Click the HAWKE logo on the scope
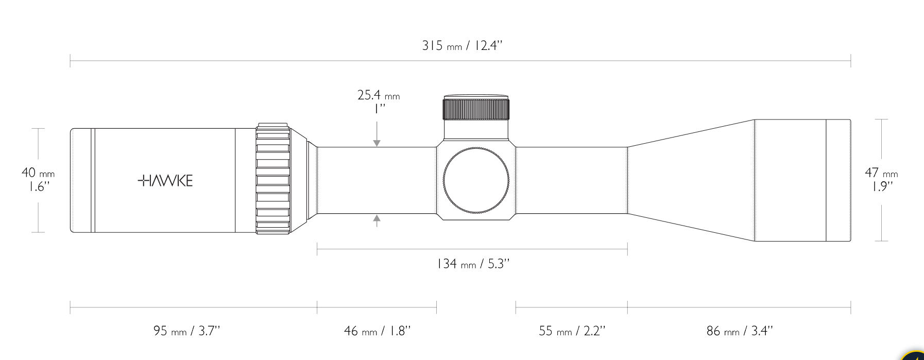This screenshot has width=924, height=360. [x=165, y=181]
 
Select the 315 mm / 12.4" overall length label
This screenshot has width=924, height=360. [x=462, y=46]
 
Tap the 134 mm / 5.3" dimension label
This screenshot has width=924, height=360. [x=473, y=264]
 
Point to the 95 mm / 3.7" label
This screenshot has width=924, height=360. [x=186, y=331]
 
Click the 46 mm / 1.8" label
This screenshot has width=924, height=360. [x=378, y=331]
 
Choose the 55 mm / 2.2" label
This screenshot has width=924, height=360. [x=572, y=331]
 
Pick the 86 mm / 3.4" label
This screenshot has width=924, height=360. [x=740, y=331]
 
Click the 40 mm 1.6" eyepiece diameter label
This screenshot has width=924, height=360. [x=38, y=179]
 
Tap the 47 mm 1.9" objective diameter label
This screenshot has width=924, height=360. [x=881, y=179]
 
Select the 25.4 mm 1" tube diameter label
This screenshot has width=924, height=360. [x=379, y=101]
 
